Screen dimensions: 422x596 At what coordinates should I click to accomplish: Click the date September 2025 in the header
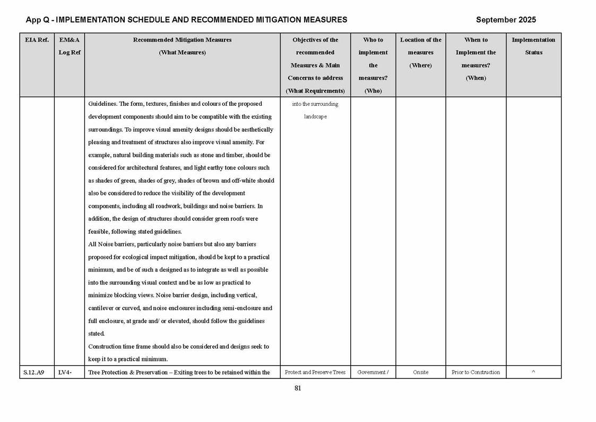pyautogui.click(x=505, y=20)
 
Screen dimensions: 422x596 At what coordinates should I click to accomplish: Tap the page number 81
pyautogui.click(x=298, y=388)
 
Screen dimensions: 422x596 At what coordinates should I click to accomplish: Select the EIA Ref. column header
pyautogui.click(x=37, y=40)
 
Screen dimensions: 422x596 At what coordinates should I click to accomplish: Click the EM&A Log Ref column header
pyautogui.click(x=70, y=46)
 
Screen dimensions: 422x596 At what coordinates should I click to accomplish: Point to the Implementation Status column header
pyautogui.click(x=533, y=46)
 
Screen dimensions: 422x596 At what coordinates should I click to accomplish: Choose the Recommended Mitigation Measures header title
pyautogui.click(x=182, y=40)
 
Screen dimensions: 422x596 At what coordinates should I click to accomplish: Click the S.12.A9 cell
pyautogui.click(x=37, y=372)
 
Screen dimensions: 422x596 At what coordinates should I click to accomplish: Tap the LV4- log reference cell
pyautogui.click(x=64, y=372)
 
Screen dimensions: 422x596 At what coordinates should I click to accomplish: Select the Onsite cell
pyautogui.click(x=420, y=372)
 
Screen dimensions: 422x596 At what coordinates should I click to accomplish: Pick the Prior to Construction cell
pyautogui.click(x=476, y=372)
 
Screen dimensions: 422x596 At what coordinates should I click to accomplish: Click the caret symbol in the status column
pyautogui.click(x=533, y=372)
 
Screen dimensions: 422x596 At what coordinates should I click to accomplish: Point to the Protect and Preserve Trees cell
pyautogui.click(x=315, y=372)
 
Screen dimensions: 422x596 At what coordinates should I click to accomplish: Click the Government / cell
pyautogui.click(x=373, y=372)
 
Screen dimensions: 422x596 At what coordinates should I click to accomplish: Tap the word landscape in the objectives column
pyautogui.click(x=315, y=116)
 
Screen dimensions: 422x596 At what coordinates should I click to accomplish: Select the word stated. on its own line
pyautogui.click(x=97, y=334)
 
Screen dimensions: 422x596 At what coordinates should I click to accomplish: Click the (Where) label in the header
pyautogui.click(x=420, y=65)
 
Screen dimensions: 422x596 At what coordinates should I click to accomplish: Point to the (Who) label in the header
pyautogui.click(x=373, y=91)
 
